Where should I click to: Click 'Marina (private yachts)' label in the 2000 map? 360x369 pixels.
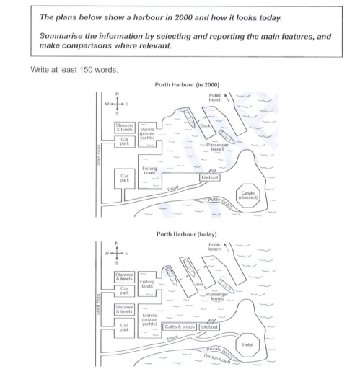pos(149,130)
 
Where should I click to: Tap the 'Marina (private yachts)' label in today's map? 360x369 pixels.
pos(150,319)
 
